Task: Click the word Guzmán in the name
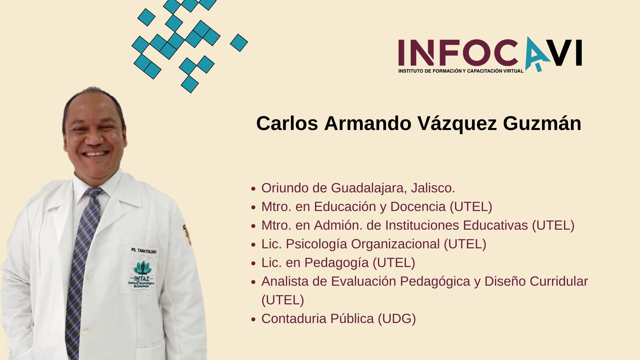click(x=542, y=124)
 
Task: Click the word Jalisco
click(x=433, y=188)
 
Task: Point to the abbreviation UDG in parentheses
click(x=397, y=319)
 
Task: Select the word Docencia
click(x=418, y=207)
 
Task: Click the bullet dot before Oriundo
click(x=253, y=189)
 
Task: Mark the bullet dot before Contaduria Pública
click(x=253, y=319)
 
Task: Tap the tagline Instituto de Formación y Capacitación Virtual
click(x=461, y=71)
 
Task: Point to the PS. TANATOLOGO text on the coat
click(x=144, y=250)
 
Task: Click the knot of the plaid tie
click(x=93, y=192)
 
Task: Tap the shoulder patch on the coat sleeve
click(x=187, y=234)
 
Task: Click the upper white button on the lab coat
click(x=89, y=276)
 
